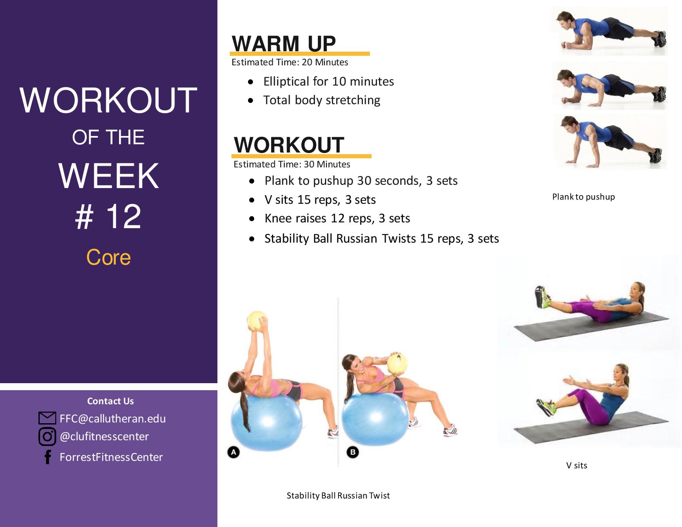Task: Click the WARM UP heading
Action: (284, 44)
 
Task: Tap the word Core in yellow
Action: (108, 257)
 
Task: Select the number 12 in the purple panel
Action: (124, 216)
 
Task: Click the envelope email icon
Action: (47, 418)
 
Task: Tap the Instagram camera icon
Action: (47, 436)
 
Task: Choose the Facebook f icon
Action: (48, 457)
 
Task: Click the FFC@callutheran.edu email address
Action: (113, 419)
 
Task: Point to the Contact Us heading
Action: (110, 401)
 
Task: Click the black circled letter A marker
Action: (234, 452)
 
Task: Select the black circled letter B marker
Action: (353, 452)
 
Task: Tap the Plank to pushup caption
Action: (584, 197)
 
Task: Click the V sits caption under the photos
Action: (577, 465)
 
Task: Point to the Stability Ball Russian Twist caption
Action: (338, 495)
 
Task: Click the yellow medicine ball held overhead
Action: (257, 320)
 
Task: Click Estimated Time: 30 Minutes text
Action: (292, 164)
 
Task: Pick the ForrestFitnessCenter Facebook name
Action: (111, 457)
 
